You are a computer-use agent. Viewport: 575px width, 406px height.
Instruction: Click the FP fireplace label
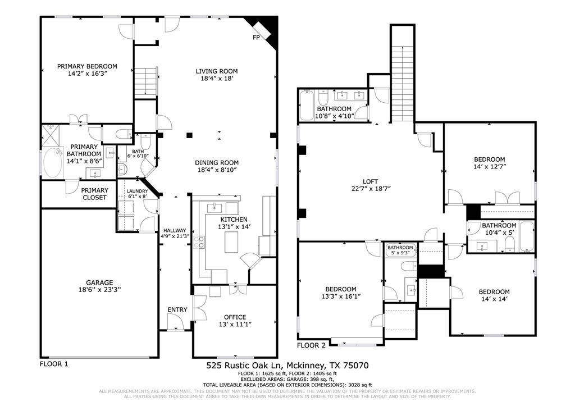(256, 38)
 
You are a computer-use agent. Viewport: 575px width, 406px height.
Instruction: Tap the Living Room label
(217, 71)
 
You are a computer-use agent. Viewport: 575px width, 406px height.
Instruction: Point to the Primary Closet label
(94, 194)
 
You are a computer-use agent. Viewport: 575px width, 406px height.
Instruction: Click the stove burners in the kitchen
(199, 242)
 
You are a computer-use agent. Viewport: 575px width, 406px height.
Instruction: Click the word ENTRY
(177, 310)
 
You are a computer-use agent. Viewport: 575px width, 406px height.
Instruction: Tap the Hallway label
(175, 230)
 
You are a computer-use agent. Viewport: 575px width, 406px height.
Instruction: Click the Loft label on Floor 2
(370, 181)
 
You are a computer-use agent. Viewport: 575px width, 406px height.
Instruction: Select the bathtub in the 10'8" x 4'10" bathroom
(307, 107)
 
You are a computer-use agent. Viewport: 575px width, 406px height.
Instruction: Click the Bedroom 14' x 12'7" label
(490, 159)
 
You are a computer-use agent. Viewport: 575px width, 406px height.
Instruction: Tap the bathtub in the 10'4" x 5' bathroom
(527, 236)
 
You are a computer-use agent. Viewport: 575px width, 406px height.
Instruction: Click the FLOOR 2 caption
(311, 345)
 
